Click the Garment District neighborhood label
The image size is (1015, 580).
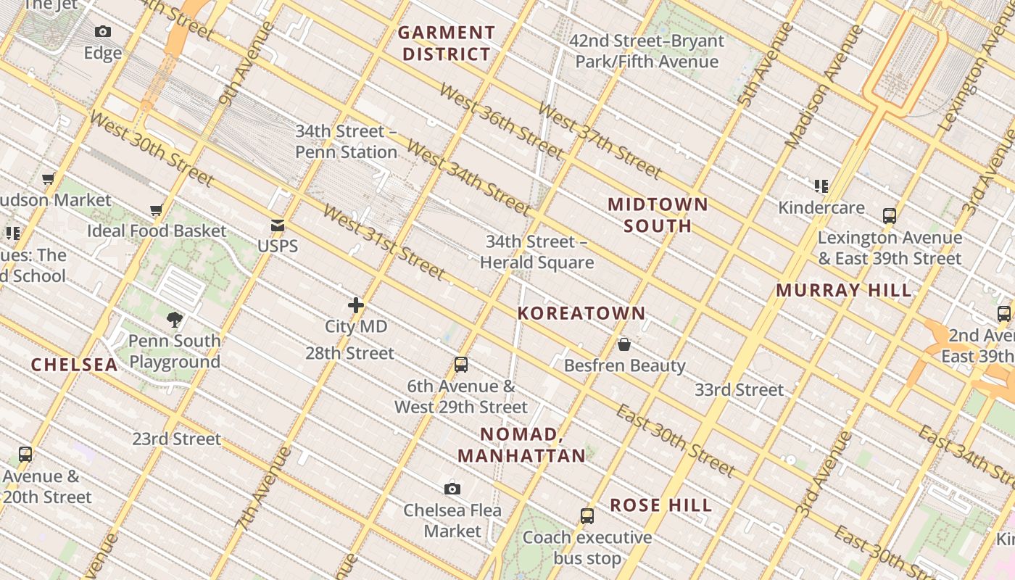coord(447,43)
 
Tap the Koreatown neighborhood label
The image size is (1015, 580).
coord(581,313)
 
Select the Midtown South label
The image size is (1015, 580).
coord(658,215)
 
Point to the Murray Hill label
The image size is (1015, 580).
coord(844,291)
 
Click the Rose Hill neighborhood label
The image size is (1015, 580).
coord(660,505)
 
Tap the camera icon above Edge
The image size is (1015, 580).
coord(103,31)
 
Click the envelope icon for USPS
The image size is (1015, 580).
coord(278,225)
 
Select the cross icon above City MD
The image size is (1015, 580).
coord(356,305)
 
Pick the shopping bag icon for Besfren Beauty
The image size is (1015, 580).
coord(624,344)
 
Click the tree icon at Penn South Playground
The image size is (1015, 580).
coord(174,319)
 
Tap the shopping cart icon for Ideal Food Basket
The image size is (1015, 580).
coord(156,210)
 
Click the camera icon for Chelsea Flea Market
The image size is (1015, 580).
coord(452,489)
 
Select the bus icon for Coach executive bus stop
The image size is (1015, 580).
coord(587,516)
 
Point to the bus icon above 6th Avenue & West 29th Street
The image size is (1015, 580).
coord(461,365)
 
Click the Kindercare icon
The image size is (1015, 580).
coord(821,186)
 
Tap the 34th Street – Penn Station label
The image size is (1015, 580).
coord(346,142)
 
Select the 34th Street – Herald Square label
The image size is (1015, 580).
coord(536,252)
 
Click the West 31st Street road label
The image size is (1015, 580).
coord(384,243)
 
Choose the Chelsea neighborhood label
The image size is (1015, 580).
coord(74,365)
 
